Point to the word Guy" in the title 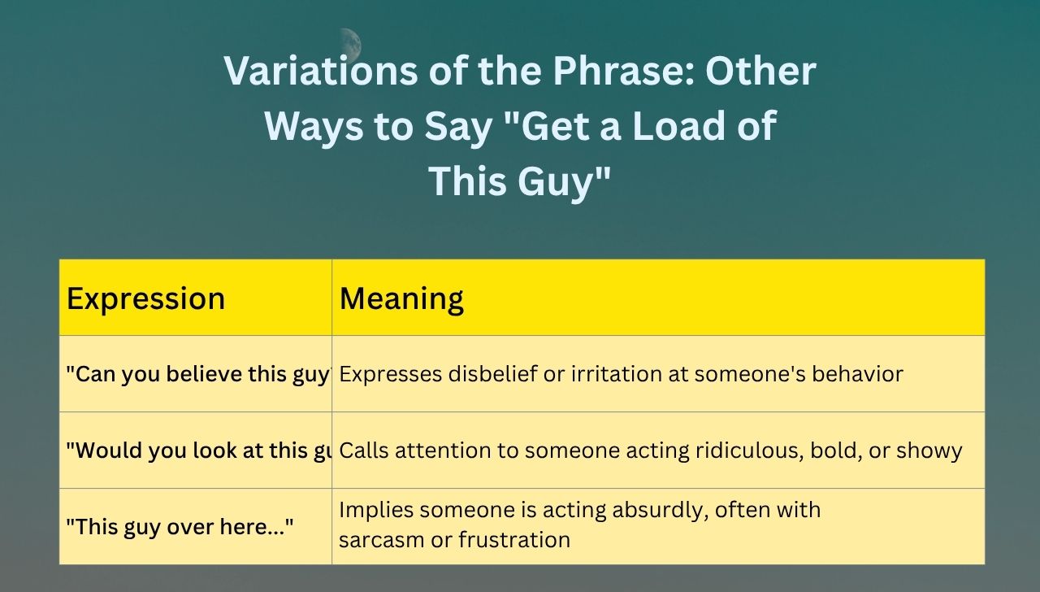(x=563, y=181)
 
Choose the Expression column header (x=145, y=298)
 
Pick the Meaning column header (x=401, y=298)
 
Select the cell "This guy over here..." (x=180, y=527)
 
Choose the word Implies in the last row (x=374, y=511)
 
